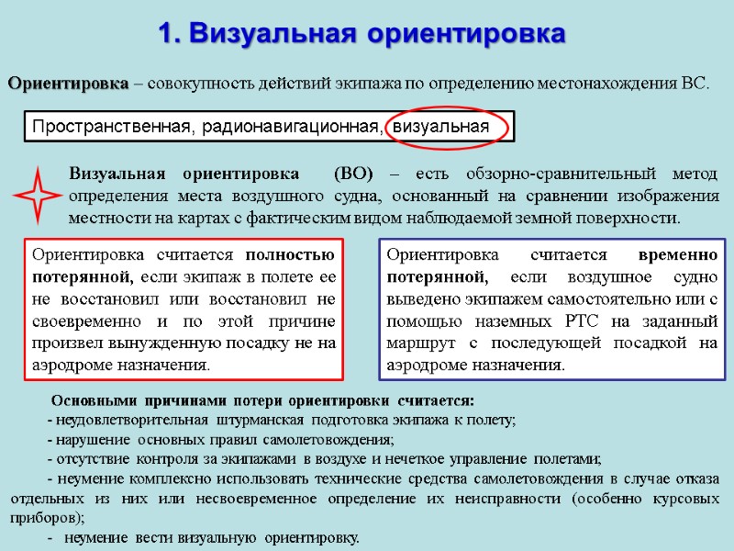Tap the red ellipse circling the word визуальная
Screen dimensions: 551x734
click(x=447, y=126)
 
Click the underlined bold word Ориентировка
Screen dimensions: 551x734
click(x=69, y=84)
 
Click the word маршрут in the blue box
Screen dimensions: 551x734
click(x=417, y=343)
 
